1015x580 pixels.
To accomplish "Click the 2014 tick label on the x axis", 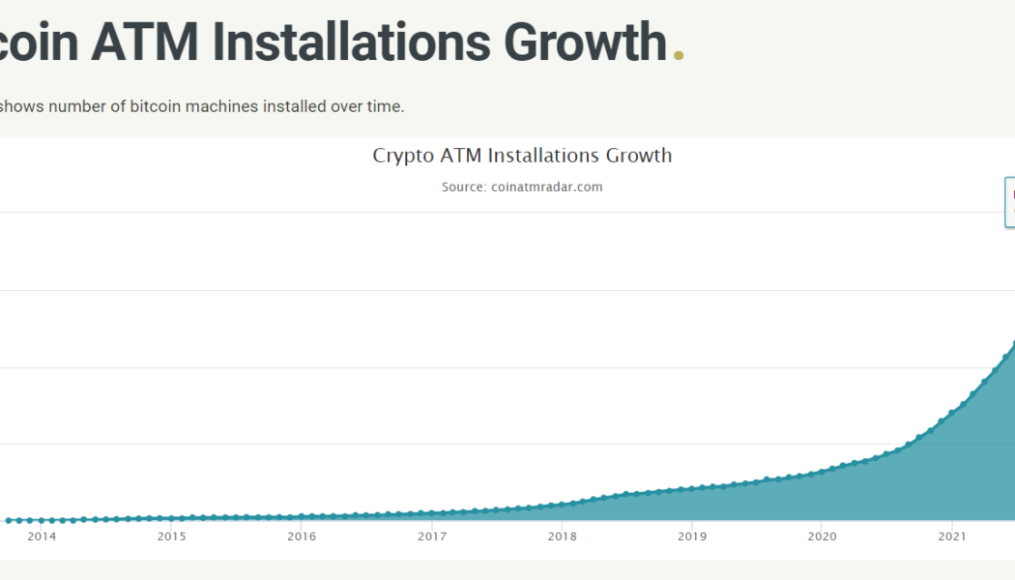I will [42, 536].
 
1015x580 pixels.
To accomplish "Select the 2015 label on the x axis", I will [171, 536].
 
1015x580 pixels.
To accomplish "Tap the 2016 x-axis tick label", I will [302, 536].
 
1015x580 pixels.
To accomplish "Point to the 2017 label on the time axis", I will [432, 536].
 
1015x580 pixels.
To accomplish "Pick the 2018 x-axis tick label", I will [562, 536].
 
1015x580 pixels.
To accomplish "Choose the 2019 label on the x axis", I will [692, 536].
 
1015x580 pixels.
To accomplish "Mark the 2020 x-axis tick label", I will [822, 536].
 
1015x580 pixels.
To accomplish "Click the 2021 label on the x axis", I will [952, 536].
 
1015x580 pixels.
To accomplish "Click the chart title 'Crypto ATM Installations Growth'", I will [522, 156].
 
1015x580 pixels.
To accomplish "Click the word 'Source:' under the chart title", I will [464, 187].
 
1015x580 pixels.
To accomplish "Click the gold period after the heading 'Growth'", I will [679, 56].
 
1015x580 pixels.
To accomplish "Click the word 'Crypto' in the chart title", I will [403, 156].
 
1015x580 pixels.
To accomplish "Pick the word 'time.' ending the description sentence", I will [385, 106].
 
